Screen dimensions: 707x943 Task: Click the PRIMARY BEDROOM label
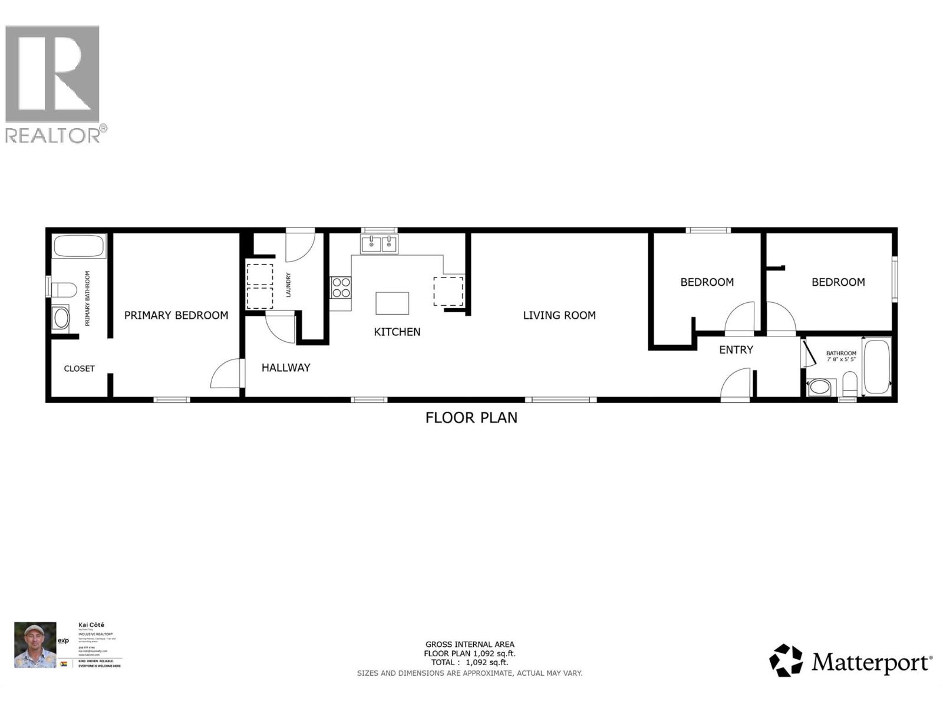(x=176, y=315)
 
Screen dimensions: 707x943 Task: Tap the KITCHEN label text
(x=397, y=332)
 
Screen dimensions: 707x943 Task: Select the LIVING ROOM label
(x=559, y=315)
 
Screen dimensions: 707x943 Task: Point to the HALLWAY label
(x=286, y=368)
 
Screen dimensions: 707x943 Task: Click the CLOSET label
(x=79, y=369)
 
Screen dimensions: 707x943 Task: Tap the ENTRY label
(x=736, y=350)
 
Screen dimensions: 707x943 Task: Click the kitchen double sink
(x=380, y=243)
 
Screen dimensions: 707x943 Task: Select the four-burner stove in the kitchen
(x=341, y=288)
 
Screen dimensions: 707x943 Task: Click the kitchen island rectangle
(x=393, y=303)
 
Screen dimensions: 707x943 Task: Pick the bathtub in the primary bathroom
(x=80, y=246)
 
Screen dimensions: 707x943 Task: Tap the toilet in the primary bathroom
(x=63, y=290)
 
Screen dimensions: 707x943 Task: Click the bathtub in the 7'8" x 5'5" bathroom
(x=876, y=366)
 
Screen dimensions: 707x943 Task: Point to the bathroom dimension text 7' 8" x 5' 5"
(x=841, y=359)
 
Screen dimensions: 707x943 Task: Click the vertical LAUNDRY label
(x=288, y=284)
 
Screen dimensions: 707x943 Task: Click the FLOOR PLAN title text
(x=471, y=418)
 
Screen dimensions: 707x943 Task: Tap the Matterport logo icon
(x=786, y=660)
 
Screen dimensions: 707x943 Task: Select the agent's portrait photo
(x=35, y=645)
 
